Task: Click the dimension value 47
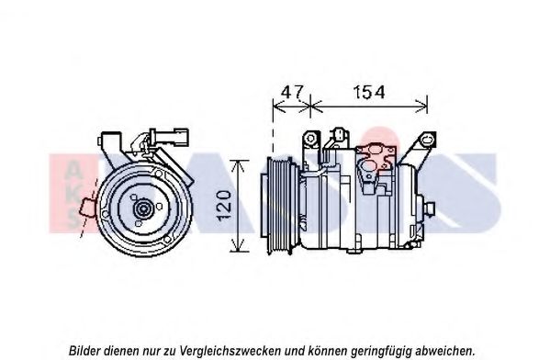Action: click(x=292, y=92)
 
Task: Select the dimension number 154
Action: click(x=368, y=92)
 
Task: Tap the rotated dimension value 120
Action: click(x=225, y=206)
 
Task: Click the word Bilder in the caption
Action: click(x=84, y=350)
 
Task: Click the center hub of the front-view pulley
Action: click(x=142, y=209)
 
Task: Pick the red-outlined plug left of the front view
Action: click(x=88, y=208)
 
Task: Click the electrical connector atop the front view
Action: click(x=170, y=137)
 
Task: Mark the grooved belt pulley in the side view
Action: click(x=280, y=206)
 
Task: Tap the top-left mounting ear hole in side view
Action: click(x=310, y=139)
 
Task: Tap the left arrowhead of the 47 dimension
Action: click(x=279, y=106)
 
